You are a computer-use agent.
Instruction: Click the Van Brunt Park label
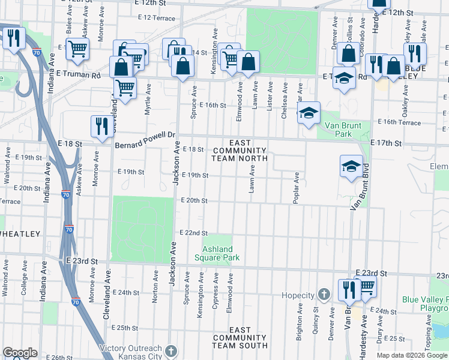338,130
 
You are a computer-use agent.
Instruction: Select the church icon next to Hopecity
324,294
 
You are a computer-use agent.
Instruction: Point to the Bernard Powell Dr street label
146,136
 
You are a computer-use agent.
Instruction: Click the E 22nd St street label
193,233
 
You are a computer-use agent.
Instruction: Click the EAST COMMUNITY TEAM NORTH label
240,150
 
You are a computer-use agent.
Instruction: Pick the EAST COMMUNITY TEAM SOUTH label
240,338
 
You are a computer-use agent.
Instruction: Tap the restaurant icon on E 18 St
101,126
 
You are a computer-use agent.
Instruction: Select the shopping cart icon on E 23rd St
366,289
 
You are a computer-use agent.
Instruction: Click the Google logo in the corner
20,353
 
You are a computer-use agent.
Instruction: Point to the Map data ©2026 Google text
412,355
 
